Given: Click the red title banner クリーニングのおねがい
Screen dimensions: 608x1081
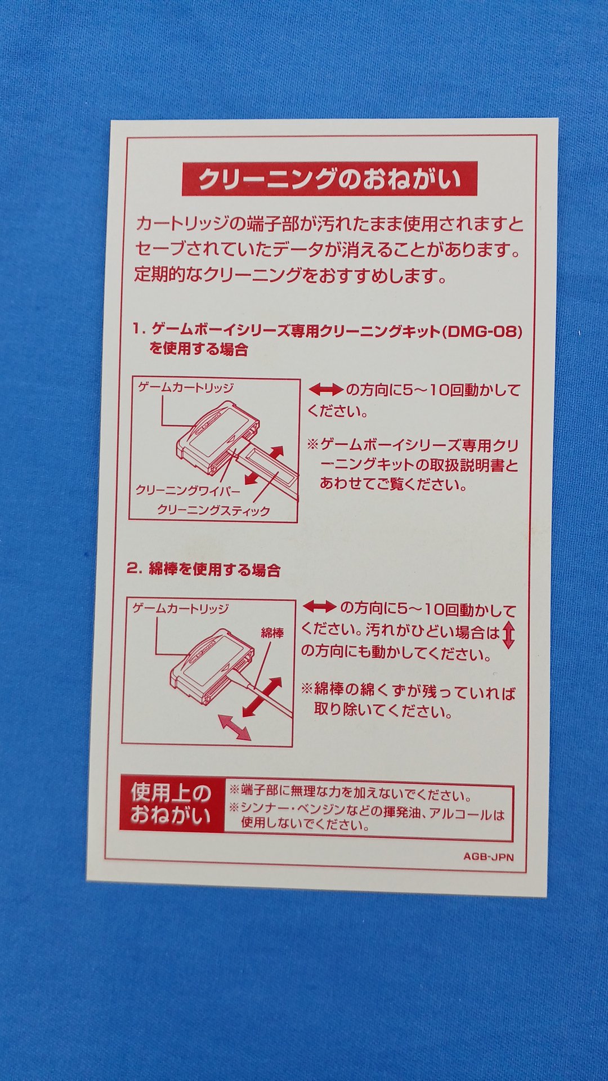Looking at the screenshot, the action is (x=329, y=179).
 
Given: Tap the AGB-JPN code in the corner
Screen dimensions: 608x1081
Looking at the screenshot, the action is (x=488, y=857).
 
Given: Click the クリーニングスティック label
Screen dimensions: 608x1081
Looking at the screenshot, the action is (x=213, y=511).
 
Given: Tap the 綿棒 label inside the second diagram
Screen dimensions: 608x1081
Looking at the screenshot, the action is (x=272, y=633).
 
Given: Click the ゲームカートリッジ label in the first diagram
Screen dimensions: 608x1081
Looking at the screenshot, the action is (x=186, y=387).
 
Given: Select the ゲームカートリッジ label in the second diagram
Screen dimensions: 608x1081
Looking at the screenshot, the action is (x=181, y=608).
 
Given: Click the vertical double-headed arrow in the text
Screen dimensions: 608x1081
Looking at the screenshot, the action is (x=508, y=634).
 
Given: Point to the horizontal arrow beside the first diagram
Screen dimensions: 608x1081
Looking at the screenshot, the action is (x=325, y=390).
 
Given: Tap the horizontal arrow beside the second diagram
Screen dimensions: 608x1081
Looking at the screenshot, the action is (x=320, y=607).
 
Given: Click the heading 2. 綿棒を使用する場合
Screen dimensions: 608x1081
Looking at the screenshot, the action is (x=204, y=569).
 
